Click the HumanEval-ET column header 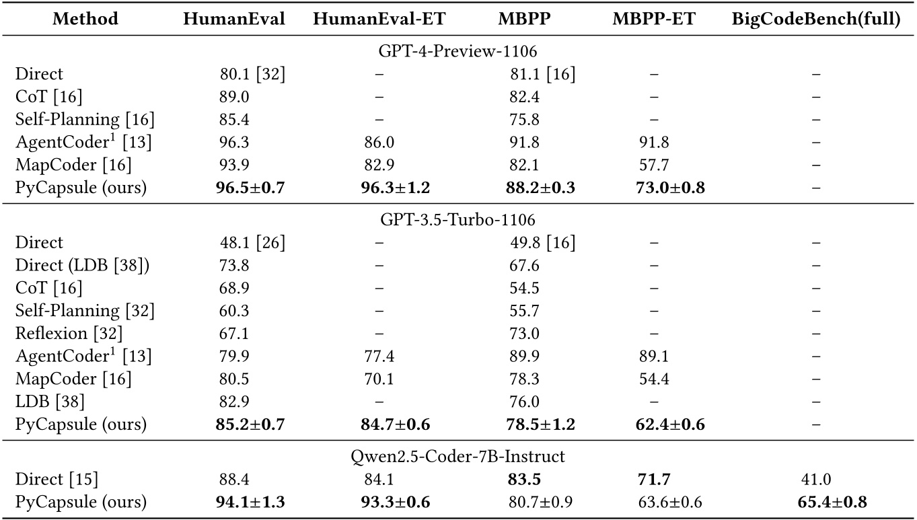pyautogui.click(x=379, y=20)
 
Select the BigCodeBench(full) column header pyautogui.click(x=816, y=20)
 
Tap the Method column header pyautogui.click(x=85, y=20)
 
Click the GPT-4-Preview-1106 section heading pyautogui.click(x=457, y=51)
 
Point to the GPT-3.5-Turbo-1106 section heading pyautogui.click(x=457, y=219)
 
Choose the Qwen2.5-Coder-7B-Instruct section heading pyautogui.click(x=457, y=456)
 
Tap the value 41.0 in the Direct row pyautogui.click(x=816, y=479)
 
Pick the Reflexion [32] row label pyautogui.click(x=69, y=333)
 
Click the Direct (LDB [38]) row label pyautogui.click(x=83, y=265)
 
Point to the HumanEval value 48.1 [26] pyautogui.click(x=252, y=242)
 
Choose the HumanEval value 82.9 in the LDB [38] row pyautogui.click(x=234, y=402)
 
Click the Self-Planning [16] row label pyautogui.click(x=85, y=120)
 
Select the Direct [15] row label pyautogui.click(x=57, y=479)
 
